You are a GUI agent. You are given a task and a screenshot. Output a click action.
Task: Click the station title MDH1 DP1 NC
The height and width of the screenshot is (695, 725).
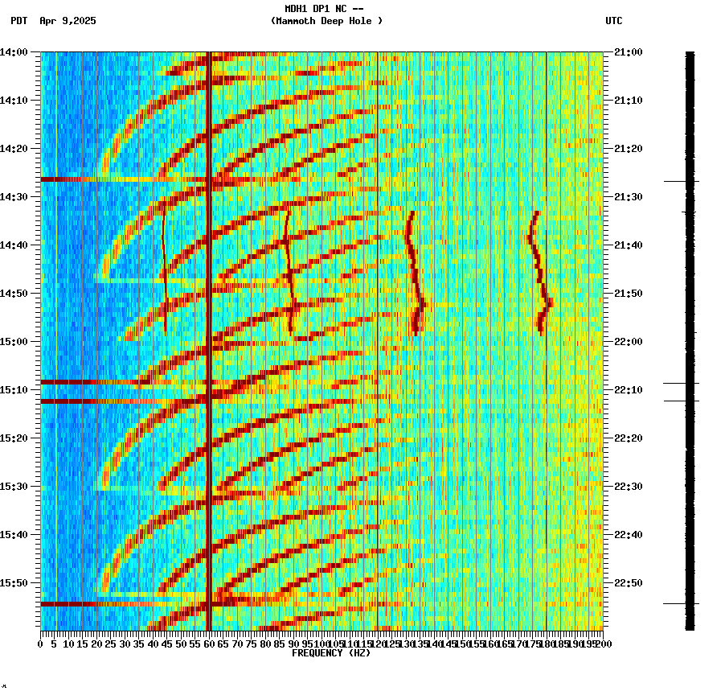pos(318,9)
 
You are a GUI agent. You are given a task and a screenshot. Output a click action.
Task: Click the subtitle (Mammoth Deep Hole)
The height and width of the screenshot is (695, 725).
pos(326,21)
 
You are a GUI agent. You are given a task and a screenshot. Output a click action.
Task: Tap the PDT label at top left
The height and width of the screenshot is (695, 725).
pos(19,21)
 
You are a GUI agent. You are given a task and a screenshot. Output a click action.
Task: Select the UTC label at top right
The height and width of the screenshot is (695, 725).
pos(613,21)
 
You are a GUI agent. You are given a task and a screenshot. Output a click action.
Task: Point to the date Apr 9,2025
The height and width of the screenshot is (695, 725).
pos(68,21)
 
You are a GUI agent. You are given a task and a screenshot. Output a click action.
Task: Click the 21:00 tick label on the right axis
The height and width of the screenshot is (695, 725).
pos(628,52)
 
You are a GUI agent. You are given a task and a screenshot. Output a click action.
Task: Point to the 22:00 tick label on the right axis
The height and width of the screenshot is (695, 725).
pos(628,342)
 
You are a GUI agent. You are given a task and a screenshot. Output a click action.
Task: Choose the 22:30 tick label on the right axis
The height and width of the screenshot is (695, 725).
pos(628,487)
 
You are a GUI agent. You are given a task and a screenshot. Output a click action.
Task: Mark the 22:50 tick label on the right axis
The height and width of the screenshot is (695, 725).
pos(628,583)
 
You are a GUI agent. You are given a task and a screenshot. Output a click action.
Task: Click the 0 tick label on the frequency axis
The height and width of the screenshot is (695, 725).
pos(41,644)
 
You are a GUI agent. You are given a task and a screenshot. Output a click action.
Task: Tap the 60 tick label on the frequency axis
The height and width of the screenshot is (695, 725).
pos(209,644)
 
